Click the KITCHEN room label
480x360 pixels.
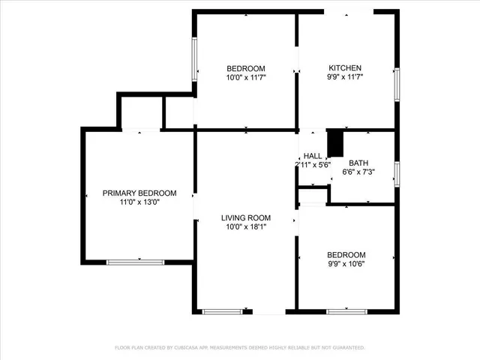click(x=344, y=67)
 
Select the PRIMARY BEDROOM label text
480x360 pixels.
click(x=139, y=193)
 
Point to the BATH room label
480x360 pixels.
click(x=358, y=163)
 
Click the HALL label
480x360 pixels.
click(x=313, y=156)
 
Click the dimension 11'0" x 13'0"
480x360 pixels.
click(x=139, y=202)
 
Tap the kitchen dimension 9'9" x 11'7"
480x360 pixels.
click(x=344, y=76)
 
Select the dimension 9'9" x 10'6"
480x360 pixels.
click(x=346, y=263)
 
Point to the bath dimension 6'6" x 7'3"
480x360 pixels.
click(x=358, y=172)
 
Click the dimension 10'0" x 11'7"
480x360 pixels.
click(x=246, y=76)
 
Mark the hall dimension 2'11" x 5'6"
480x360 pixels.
click(x=313, y=165)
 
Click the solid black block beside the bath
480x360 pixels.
click(x=335, y=142)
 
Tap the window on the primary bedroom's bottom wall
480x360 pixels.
click(x=135, y=262)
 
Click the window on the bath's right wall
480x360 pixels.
click(x=397, y=172)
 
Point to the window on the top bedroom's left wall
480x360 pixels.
click(x=195, y=60)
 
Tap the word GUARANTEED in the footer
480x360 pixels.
click(x=347, y=348)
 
